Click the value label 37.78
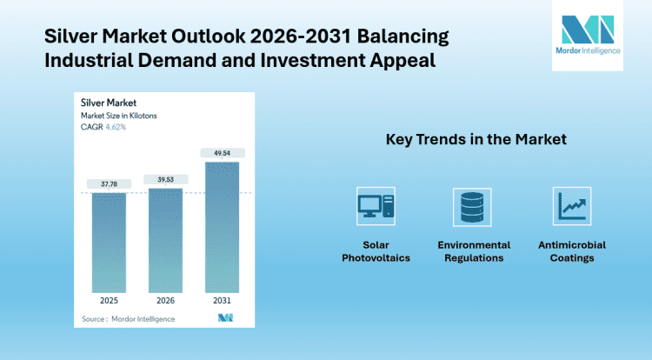(x=110, y=183)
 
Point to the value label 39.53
(x=166, y=179)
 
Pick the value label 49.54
(x=222, y=153)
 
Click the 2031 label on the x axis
(x=222, y=302)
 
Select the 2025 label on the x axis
(x=110, y=302)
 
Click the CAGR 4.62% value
(x=116, y=127)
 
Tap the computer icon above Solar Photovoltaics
(x=376, y=206)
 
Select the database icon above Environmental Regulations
(x=474, y=206)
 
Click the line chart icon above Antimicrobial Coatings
(x=572, y=206)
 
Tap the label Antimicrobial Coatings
(x=572, y=251)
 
